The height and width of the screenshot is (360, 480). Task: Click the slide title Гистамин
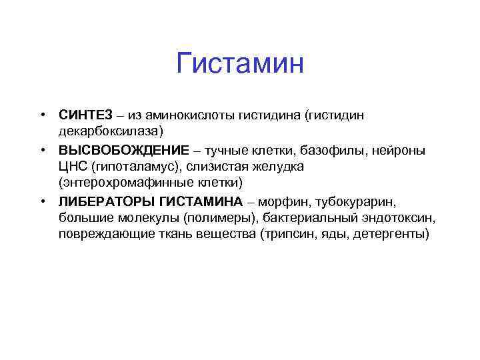coord(240,64)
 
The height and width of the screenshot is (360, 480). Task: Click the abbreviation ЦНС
coord(72,165)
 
